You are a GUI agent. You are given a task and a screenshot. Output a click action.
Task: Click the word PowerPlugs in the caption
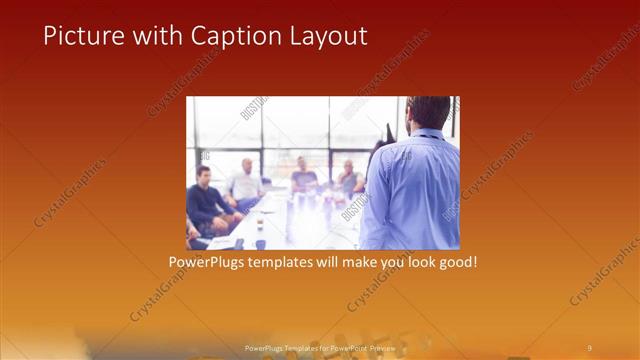pos(207,262)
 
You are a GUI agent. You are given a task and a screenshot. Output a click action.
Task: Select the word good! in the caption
pos(451,262)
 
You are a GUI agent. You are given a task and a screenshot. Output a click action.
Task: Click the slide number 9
pos(589,346)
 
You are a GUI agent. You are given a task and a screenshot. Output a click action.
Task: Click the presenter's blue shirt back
pos(412,190)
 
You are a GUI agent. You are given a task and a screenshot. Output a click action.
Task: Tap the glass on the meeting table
pos(260,240)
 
